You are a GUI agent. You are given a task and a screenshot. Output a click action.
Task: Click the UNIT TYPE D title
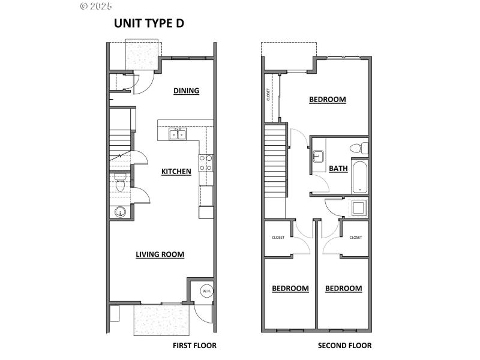[x=149, y=23]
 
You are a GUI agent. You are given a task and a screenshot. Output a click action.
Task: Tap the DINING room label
[x=186, y=91]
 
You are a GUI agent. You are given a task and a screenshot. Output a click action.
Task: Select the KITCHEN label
[x=176, y=172]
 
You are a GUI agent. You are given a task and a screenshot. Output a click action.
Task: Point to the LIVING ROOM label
[x=160, y=254]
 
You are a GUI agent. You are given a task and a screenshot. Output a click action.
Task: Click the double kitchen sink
[x=177, y=134]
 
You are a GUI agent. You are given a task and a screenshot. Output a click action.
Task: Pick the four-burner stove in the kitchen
[x=206, y=163]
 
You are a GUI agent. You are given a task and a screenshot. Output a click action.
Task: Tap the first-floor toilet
[x=119, y=182]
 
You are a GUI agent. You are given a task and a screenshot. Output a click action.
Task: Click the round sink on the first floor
[x=120, y=212]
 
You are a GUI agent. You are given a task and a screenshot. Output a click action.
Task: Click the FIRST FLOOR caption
[x=194, y=346]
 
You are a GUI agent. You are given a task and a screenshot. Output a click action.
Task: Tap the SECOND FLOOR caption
[x=344, y=346]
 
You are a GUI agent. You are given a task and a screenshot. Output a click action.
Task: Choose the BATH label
[x=338, y=169]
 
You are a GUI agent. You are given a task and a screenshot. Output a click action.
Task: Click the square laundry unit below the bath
[x=359, y=208]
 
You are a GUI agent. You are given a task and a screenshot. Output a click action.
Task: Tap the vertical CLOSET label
[x=268, y=96]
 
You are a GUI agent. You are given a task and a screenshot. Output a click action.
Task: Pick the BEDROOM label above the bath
[x=328, y=100]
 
